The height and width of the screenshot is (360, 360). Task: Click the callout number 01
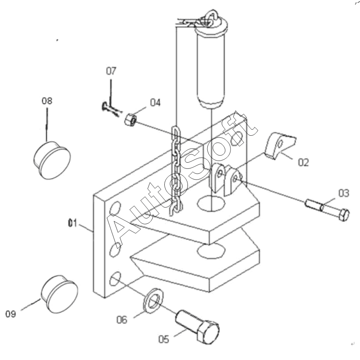click(x=72, y=223)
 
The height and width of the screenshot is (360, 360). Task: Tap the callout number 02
click(x=303, y=162)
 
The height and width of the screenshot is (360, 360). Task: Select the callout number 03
click(x=344, y=193)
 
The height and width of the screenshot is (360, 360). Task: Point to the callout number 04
click(x=155, y=102)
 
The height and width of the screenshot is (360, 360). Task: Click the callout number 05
click(x=164, y=339)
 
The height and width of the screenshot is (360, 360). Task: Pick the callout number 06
click(x=122, y=319)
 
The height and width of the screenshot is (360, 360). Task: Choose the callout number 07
click(x=111, y=71)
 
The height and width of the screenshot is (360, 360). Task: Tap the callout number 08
click(x=47, y=101)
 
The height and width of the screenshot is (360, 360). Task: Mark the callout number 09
click(x=11, y=314)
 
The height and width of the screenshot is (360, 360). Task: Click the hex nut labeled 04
click(x=131, y=120)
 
